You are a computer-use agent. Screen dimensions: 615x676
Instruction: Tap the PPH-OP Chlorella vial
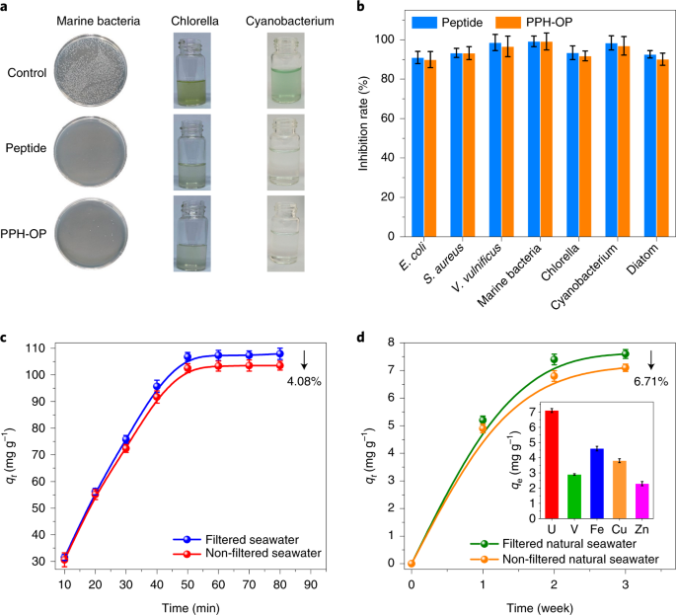(193, 230)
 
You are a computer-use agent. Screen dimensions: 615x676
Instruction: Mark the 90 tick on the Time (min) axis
(311, 582)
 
